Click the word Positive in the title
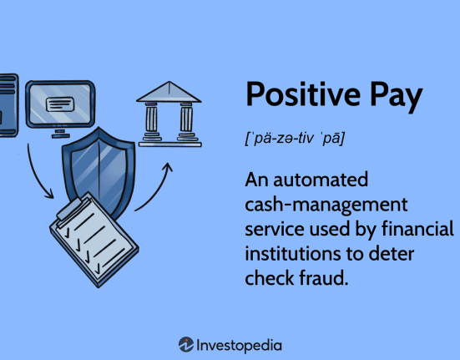click(x=303, y=94)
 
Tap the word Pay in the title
click(x=396, y=97)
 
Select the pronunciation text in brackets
click(x=295, y=138)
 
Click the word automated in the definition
click(x=321, y=180)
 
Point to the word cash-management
click(x=326, y=205)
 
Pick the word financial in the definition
click(x=417, y=229)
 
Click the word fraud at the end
click(x=324, y=278)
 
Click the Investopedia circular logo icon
click(x=186, y=344)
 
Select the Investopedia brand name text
click(x=239, y=346)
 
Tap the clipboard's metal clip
click(x=73, y=209)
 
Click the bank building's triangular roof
click(x=169, y=92)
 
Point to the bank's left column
click(x=151, y=121)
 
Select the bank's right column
click(x=186, y=121)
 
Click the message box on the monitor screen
click(x=60, y=104)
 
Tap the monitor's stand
click(x=61, y=133)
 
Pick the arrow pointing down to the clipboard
click(x=36, y=175)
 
